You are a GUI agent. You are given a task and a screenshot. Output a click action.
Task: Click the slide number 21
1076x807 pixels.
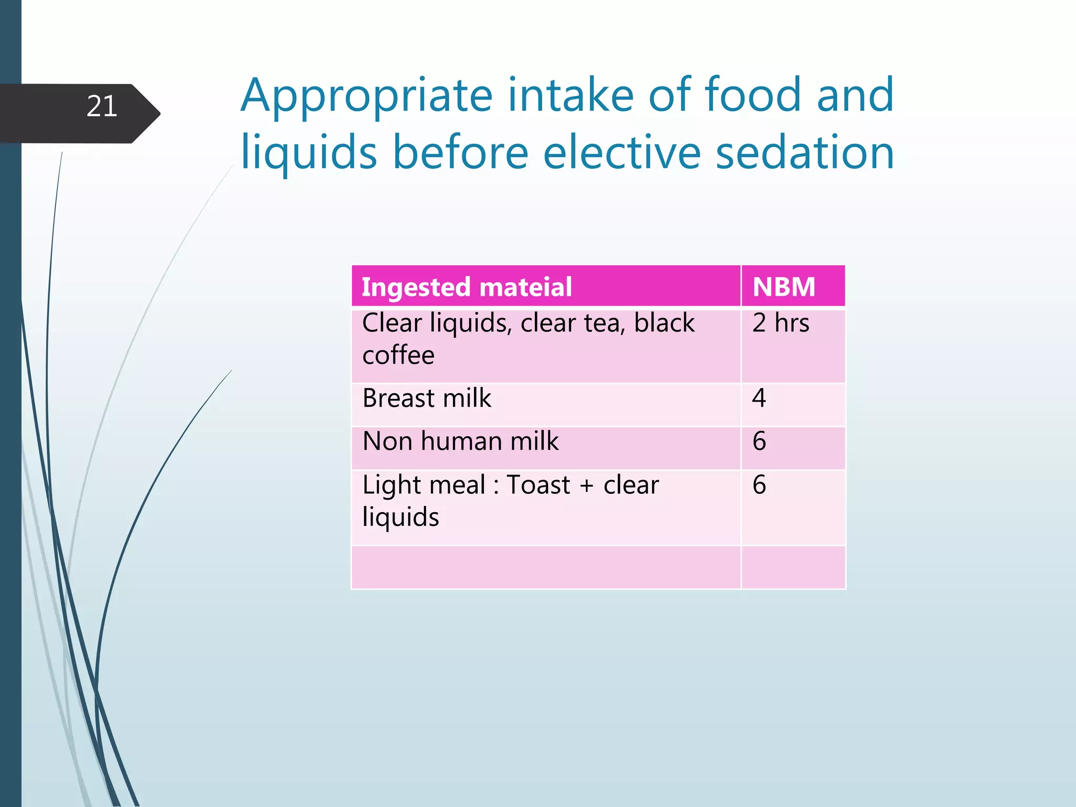pos(101,107)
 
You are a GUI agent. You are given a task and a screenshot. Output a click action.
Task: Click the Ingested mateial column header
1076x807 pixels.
pos(467,287)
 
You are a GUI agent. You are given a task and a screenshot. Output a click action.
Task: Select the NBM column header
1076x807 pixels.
pos(783,287)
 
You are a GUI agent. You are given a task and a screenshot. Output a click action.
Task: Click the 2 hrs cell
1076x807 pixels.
pos(780,323)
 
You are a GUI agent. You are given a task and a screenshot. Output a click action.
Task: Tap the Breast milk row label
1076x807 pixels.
pos(427,398)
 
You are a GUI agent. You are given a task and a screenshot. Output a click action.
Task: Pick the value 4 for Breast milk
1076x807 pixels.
pos(759,398)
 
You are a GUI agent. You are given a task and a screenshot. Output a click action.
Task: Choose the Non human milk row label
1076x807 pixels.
pos(460,441)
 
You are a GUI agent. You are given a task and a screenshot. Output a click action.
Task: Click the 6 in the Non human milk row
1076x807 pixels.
pos(759,441)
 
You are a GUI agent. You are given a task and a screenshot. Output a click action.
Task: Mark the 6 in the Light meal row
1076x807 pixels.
pos(759,485)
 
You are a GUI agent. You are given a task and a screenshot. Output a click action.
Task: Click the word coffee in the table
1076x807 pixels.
pos(398,356)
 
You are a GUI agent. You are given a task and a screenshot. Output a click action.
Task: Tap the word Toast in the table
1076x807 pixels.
pos(538,485)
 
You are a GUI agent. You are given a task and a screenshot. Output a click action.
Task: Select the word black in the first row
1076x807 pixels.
pos(664,323)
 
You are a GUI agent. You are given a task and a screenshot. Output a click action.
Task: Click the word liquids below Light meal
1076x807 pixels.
pos(400,518)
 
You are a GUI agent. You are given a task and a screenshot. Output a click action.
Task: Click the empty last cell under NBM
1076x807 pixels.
pos(792,567)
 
